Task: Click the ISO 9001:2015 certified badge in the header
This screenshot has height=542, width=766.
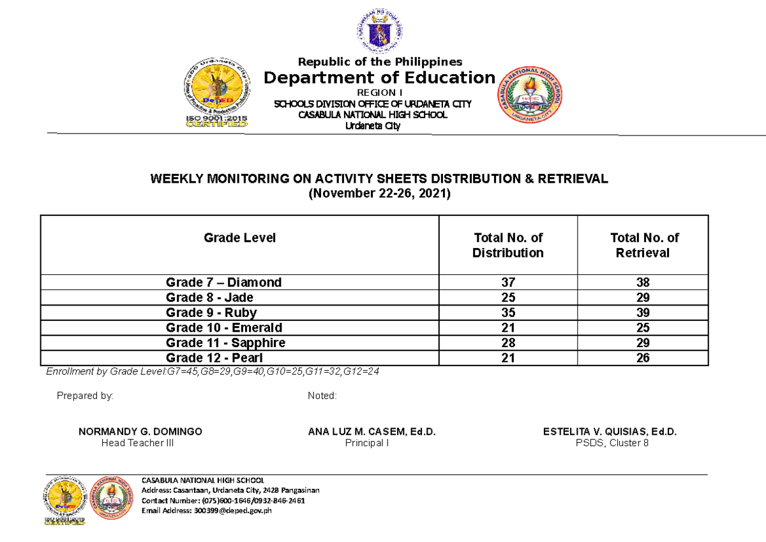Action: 216,94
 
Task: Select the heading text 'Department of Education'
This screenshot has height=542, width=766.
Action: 380,78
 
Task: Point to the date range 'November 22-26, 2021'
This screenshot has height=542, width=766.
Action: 380,194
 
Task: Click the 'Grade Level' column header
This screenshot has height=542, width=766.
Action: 239,238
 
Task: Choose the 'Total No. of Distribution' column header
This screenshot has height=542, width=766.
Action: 507,245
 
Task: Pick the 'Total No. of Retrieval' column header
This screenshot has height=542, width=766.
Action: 643,245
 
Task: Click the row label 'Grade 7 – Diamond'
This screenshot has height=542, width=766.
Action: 223,282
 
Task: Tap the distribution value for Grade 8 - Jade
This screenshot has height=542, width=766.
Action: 507,297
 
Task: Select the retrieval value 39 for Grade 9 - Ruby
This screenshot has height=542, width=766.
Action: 643,313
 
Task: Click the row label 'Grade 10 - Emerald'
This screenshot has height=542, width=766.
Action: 223,328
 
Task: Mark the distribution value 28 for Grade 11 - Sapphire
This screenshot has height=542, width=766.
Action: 507,343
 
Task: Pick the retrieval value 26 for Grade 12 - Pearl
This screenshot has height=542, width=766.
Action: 643,359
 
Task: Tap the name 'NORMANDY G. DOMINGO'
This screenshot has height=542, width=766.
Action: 140,432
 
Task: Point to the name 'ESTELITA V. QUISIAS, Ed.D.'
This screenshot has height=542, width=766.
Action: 610,432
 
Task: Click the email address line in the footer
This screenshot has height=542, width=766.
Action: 207,510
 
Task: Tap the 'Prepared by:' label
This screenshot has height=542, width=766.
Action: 85,396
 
